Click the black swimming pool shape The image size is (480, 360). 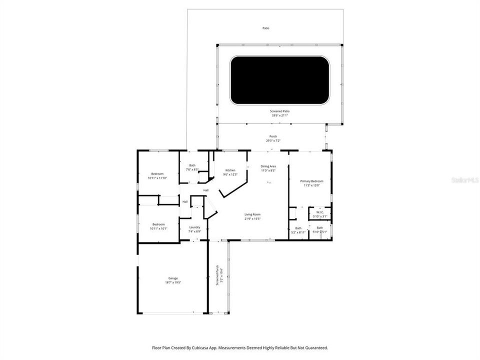click(x=279, y=80)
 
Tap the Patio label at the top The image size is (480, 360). click(x=266, y=28)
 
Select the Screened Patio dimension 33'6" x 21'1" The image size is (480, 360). click(x=279, y=115)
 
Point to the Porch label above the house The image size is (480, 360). click(x=273, y=136)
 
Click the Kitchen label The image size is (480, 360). click(x=230, y=170)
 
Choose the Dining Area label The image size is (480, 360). click(x=268, y=166)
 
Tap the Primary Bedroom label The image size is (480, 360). click(x=311, y=181)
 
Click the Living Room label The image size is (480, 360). click(x=252, y=214)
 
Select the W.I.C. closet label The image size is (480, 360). click(x=320, y=212)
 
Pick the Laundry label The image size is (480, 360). click(x=194, y=227)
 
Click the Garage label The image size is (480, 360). click(x=173, y=278)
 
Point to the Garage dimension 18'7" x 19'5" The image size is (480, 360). click(x=173, y=282)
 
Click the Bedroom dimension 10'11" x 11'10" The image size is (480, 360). click(x=158, y=178)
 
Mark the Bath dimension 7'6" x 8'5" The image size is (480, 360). click(x=192, y=169)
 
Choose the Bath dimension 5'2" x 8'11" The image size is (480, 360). click(x=298, y=232)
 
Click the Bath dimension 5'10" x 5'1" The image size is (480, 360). click(x=319, y=232)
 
